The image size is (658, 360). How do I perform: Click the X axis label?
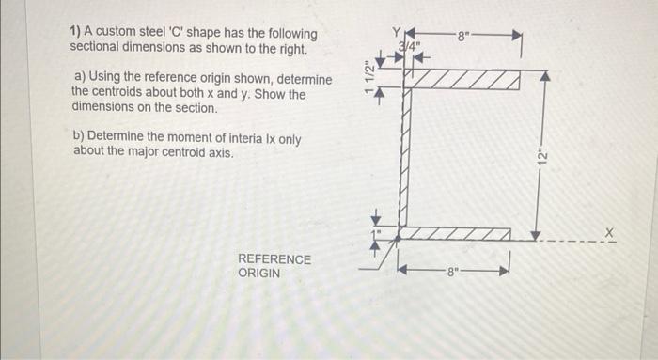(x=608, y=231)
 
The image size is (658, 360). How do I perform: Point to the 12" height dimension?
(x=540, y=155)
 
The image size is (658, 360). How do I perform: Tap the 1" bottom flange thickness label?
(x=372, y=227)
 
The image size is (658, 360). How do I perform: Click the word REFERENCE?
(x=274, y=258)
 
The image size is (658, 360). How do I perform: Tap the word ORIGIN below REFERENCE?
(x=258, y=273)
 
